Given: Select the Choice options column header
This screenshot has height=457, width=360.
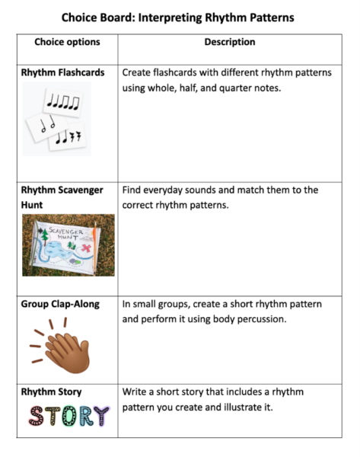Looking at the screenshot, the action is click(x=67, y=43).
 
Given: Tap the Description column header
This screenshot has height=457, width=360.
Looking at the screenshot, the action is click(x=229, y=43).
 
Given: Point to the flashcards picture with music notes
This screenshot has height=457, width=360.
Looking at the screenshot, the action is click(x=57, y=118).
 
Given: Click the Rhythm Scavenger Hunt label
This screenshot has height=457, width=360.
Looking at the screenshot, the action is click(x=62, y=197).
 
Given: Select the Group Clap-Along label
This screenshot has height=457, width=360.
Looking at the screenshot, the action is click(x=60, y=305).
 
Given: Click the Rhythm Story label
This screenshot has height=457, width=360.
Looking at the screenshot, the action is click(x=51, y=392).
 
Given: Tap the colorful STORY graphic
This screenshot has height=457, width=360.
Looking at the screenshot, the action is click(x=68, y=416).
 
